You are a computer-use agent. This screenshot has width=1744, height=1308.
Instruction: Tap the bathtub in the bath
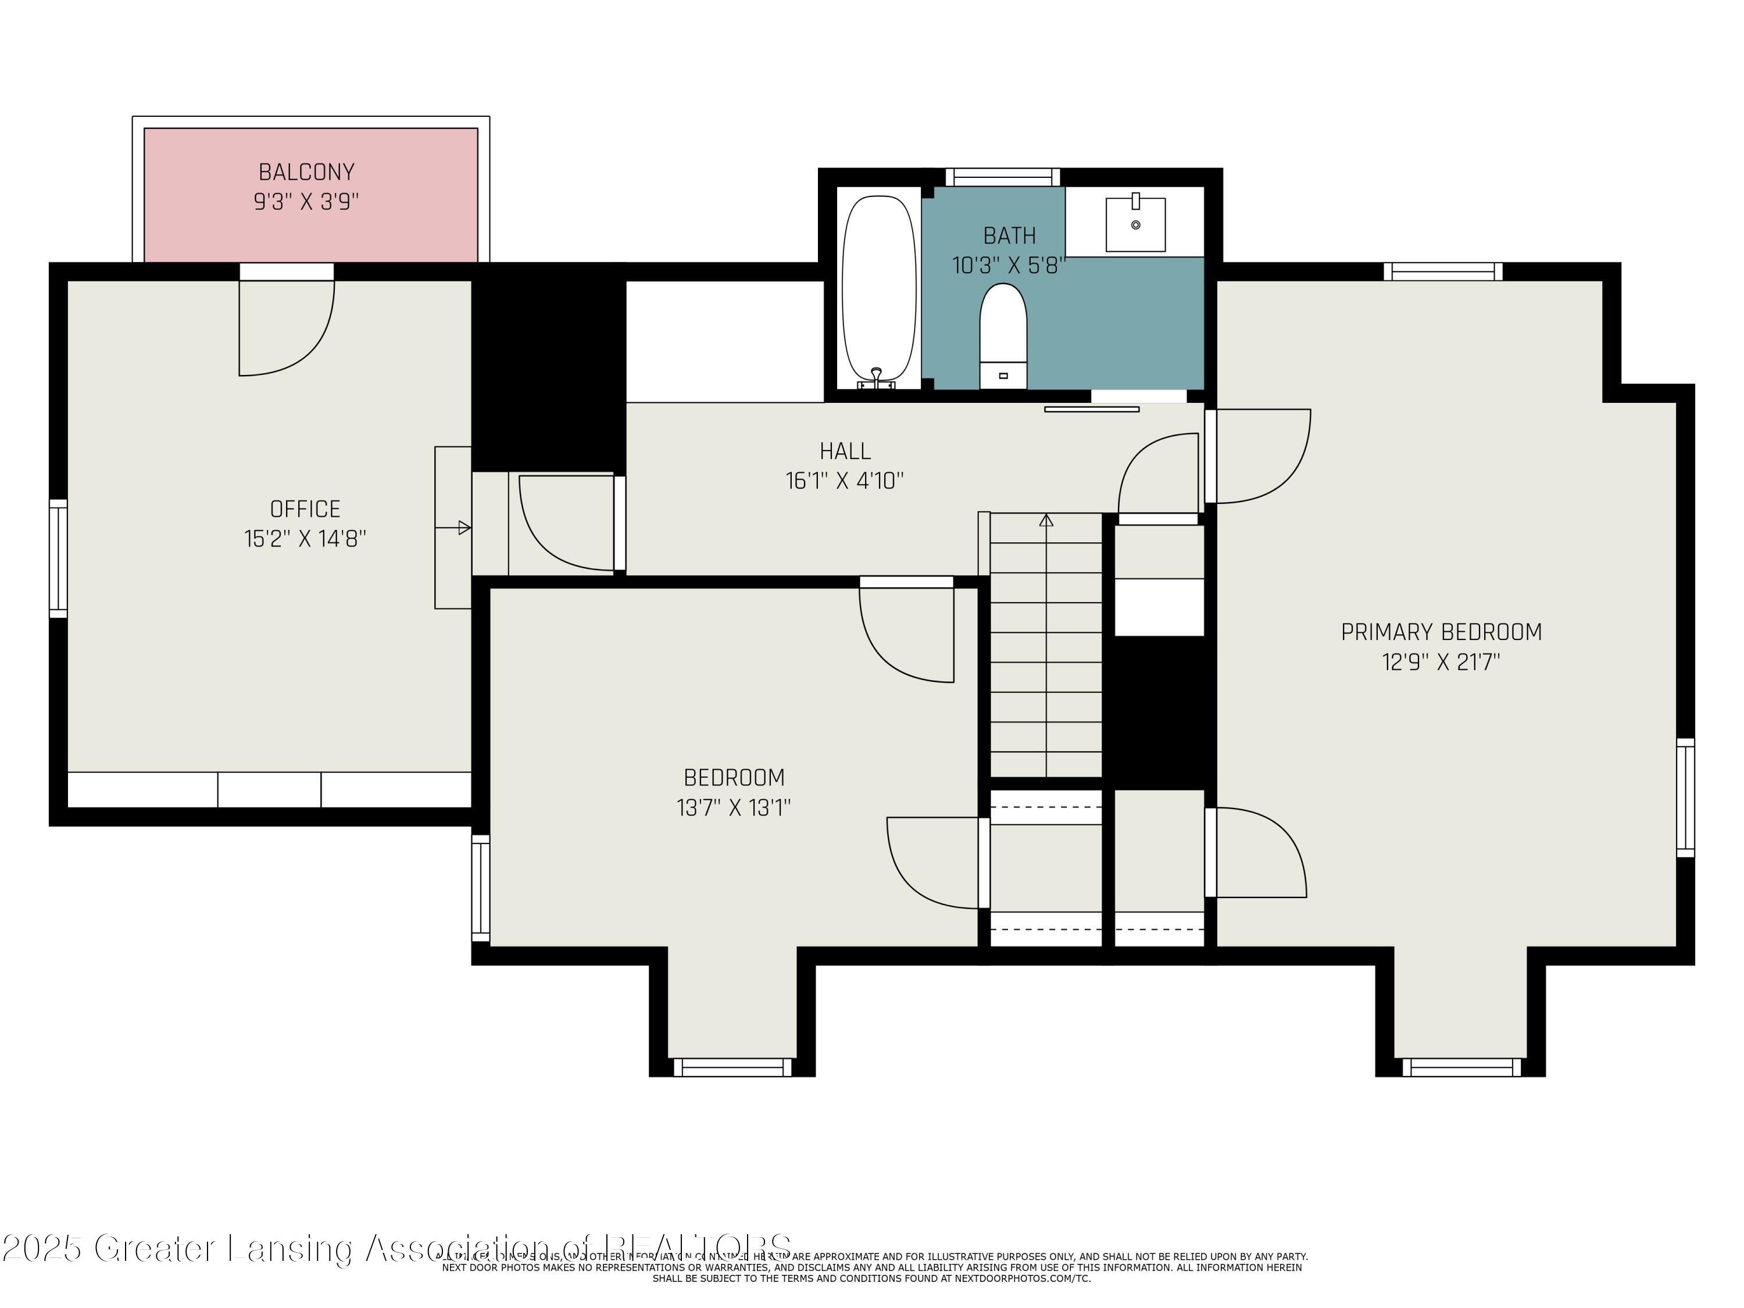(879, 292)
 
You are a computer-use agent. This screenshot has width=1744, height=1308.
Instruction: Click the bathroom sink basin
(1135, 225)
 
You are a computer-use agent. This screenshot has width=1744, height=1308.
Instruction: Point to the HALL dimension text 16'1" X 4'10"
(845, 481)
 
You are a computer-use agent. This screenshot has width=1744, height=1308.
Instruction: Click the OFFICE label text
(305, 509)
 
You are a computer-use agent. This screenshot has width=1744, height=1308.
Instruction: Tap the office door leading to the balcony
(286, 327)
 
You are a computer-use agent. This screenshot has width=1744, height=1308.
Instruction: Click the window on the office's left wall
(58, 558)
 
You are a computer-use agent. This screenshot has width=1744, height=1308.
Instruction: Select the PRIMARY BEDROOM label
(1441, 631)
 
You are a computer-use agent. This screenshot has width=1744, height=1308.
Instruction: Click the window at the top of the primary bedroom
(1443, 271)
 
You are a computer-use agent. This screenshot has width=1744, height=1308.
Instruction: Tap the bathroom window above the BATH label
(1002, 177)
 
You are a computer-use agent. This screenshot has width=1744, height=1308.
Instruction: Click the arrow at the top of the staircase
(1046, 520)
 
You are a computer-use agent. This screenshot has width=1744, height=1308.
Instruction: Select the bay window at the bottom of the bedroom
(732, 1067)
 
